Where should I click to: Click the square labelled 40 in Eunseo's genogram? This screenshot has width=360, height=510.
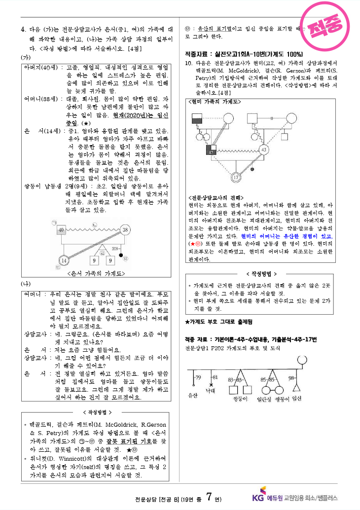tap(62, 230)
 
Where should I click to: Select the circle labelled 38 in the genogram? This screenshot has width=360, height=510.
tap(125, 230)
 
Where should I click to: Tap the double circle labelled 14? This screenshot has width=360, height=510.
tap(64, 260)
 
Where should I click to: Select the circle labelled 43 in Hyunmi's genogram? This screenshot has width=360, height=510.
tap(264, 149)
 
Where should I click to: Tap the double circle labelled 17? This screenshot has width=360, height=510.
tap(236, 177)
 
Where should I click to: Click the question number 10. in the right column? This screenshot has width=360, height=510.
tap(188, 64)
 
